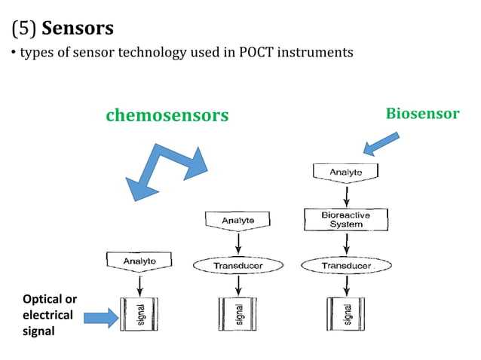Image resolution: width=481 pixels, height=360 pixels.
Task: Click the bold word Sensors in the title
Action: [x=78, y=29]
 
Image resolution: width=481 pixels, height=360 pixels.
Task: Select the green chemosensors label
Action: [x=167, y=115]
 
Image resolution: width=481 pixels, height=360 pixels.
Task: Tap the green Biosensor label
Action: [x=422, y=114]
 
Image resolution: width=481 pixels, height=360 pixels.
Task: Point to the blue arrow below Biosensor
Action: [x=381, y=143]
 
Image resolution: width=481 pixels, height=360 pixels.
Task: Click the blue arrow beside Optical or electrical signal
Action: [x=100, y=316]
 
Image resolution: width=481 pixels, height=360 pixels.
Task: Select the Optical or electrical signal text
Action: [x=49, y=315]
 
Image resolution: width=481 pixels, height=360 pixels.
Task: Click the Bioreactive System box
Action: [x=346, y=219]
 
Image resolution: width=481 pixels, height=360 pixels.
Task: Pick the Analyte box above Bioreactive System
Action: [x=346, y=172]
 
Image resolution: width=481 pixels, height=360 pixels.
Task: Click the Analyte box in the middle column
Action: [x=238, y=220]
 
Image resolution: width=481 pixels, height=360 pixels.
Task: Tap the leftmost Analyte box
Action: [x=140, y=261]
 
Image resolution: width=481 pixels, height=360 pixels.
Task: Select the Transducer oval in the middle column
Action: [x=238, y=266]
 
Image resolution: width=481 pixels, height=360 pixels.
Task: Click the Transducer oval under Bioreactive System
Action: [x=346, y=266]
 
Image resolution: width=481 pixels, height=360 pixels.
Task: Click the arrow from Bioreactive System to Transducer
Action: [x=346, y=243]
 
